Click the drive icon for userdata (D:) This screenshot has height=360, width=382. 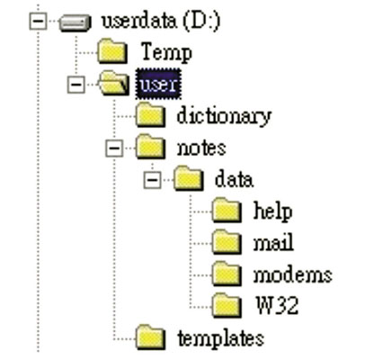tap(75, 22)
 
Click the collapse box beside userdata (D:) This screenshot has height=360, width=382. tap(38, 21)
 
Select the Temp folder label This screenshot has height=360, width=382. tap(166, 52)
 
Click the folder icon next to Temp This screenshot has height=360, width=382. tap(112, 51)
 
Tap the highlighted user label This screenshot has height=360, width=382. tap(158, 84)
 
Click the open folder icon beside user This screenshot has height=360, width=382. tap(114, 84)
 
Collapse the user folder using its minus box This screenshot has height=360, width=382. tap(76, 85)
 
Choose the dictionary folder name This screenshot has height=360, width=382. tap(224, 116)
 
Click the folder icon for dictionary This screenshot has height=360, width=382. tap(150, 115)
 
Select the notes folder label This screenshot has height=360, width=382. tap(201, 148)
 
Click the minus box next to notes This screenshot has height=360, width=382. tap(114, 148)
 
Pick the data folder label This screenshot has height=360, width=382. tap(234, 179)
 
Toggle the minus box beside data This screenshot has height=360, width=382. tap(153, 180)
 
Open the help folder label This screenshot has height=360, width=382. tap(272, 211)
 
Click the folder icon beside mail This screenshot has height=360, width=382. tap(227, 242)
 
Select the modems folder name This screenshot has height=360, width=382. tap(293, 274)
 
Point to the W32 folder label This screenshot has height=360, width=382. tap(277, 305)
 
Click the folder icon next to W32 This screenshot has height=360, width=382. tap(227, 305)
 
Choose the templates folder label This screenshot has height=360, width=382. tap(221, 338)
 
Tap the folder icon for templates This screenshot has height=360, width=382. tap(150, 337)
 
